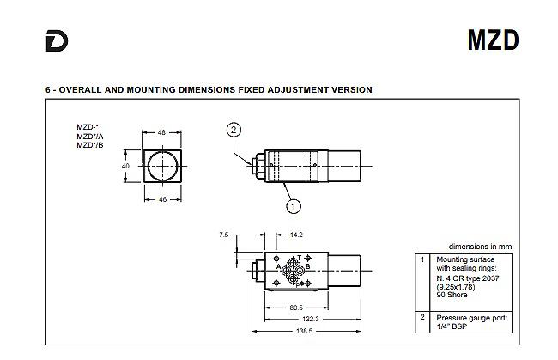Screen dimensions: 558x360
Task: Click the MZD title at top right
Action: (x=494, y=40)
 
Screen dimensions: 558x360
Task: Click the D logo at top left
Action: (x=57, y=41)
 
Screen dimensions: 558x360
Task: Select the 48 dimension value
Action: (x=161, y=132)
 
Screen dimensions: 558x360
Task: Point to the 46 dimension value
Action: (x=162, y=199)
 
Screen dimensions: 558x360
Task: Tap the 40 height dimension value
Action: (x=125, y=166)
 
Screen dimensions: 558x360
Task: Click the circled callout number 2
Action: (x=234, y=130)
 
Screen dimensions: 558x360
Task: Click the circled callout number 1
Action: (x=294, y=206)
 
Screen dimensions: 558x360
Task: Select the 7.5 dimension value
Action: (x=224, y=235)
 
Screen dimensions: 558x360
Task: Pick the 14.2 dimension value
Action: (x=296, y=235)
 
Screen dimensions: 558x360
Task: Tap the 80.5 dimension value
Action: (x=296, y=308)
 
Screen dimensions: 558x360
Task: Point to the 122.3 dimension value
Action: (x=311, y=319)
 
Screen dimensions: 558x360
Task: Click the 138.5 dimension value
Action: (x=305, y=331)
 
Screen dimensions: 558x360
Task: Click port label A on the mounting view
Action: (x=279, y=266)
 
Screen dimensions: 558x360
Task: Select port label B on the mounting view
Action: (x=308, y=266)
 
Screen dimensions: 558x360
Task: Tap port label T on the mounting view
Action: (x=300, y=258)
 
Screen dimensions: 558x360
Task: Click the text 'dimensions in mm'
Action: (x=481, y=247)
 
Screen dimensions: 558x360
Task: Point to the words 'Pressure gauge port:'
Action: (x=472, y=318)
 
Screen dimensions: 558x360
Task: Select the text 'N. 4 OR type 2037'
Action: (x=468, y=278)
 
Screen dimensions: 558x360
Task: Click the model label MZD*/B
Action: (x=90, y=145)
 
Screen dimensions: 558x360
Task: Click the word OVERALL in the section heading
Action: (x=80, y=89)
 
